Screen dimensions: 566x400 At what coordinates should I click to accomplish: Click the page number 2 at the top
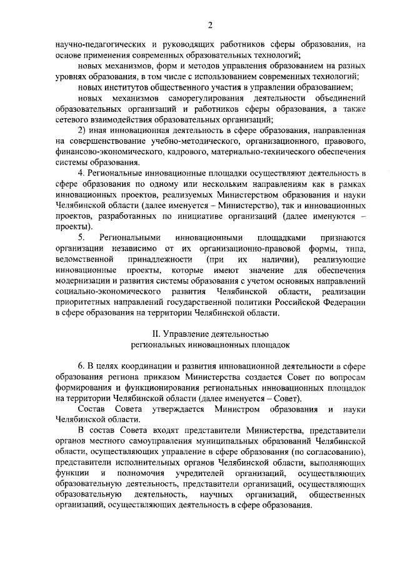[211, 26]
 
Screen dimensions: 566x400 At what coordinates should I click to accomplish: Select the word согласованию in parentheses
[330, 451]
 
